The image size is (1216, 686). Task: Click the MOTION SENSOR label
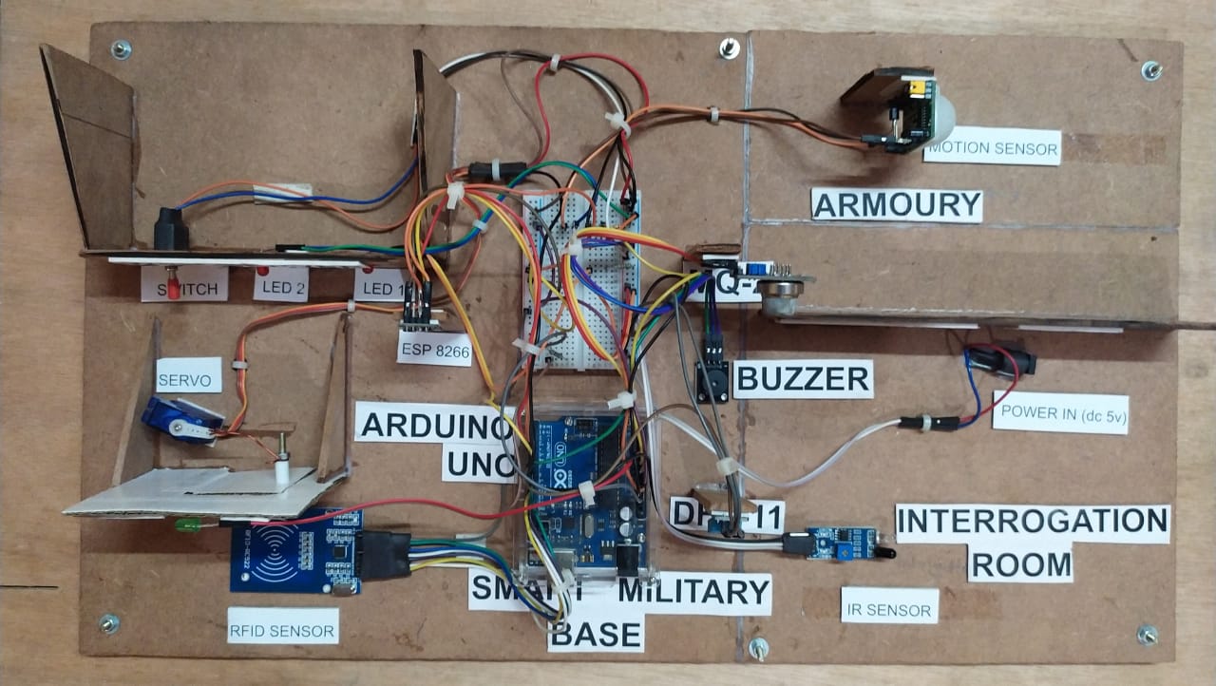point(991,147)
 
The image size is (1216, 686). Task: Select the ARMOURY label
point(896,204)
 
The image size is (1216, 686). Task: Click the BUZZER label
point(804,379)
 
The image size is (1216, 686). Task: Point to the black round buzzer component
point(712,382)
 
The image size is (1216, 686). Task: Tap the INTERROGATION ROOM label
point(1032,543)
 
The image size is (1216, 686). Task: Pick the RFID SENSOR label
point(282,630)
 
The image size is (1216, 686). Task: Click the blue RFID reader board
point(295,550)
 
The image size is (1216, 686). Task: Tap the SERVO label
point(189,375)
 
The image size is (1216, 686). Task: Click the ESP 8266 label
point(434,348)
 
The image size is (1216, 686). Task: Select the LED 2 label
point(280,286)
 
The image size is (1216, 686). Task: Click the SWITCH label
point(184,287)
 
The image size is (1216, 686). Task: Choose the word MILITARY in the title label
point(694,593)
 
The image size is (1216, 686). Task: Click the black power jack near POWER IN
point(1002,359)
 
